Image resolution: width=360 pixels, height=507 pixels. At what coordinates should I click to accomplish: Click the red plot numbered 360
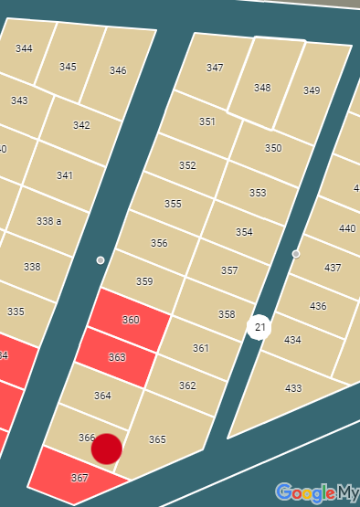[x=130, y=320]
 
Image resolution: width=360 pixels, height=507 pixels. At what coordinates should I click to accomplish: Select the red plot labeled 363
[x=115, y=357]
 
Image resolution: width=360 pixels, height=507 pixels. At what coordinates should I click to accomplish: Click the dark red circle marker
[x=107, y=449]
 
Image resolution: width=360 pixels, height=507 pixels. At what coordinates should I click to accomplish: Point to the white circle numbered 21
[x=259, y=327]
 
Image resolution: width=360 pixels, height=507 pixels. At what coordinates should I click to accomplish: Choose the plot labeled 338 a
[x=48, y=221]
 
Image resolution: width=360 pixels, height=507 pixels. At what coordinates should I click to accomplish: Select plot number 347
[x=215, y=68]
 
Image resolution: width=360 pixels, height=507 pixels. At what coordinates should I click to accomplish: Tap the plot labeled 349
[x=312, y=90]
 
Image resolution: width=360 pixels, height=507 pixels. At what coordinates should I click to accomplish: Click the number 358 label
[x=227, y=314]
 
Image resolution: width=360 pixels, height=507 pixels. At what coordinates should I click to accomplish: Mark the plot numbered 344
[x=24, y=48]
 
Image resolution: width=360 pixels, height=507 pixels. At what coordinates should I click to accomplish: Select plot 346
[x=118, y=70]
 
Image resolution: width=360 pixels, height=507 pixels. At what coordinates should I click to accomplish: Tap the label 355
[x=173, y=204]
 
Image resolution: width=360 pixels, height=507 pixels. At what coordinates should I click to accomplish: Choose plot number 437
[x=333, y=268]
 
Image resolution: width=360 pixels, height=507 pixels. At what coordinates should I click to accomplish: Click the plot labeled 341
[x=64, y=175]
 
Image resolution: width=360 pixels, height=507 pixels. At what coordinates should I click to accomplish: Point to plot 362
[x=187, y=386]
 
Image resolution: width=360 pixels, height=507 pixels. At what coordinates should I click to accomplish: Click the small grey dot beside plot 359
[x=101, y=260]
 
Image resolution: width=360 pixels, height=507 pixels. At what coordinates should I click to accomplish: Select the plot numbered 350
[x=273, y=148]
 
